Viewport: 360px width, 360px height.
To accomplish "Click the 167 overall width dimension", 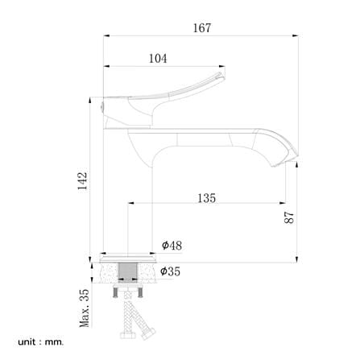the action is (x=202, y=28).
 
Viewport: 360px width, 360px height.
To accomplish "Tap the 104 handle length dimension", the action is (x=158, y=59).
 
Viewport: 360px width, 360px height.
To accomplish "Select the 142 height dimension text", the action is (x=82, y=181).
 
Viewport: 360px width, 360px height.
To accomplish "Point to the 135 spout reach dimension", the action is (x=207, y=198).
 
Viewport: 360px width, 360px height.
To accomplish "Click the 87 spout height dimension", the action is (x=289, y=217).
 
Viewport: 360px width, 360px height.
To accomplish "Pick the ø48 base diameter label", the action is (x=172, y=245).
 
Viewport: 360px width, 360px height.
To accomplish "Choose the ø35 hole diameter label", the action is (x=170, y=271).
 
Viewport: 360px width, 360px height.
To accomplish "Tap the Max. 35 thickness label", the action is (x=85, y=308).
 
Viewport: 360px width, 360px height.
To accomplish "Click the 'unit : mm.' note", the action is (x=41, y=342).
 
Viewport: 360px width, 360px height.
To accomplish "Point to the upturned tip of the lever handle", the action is (x=220, y=75).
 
